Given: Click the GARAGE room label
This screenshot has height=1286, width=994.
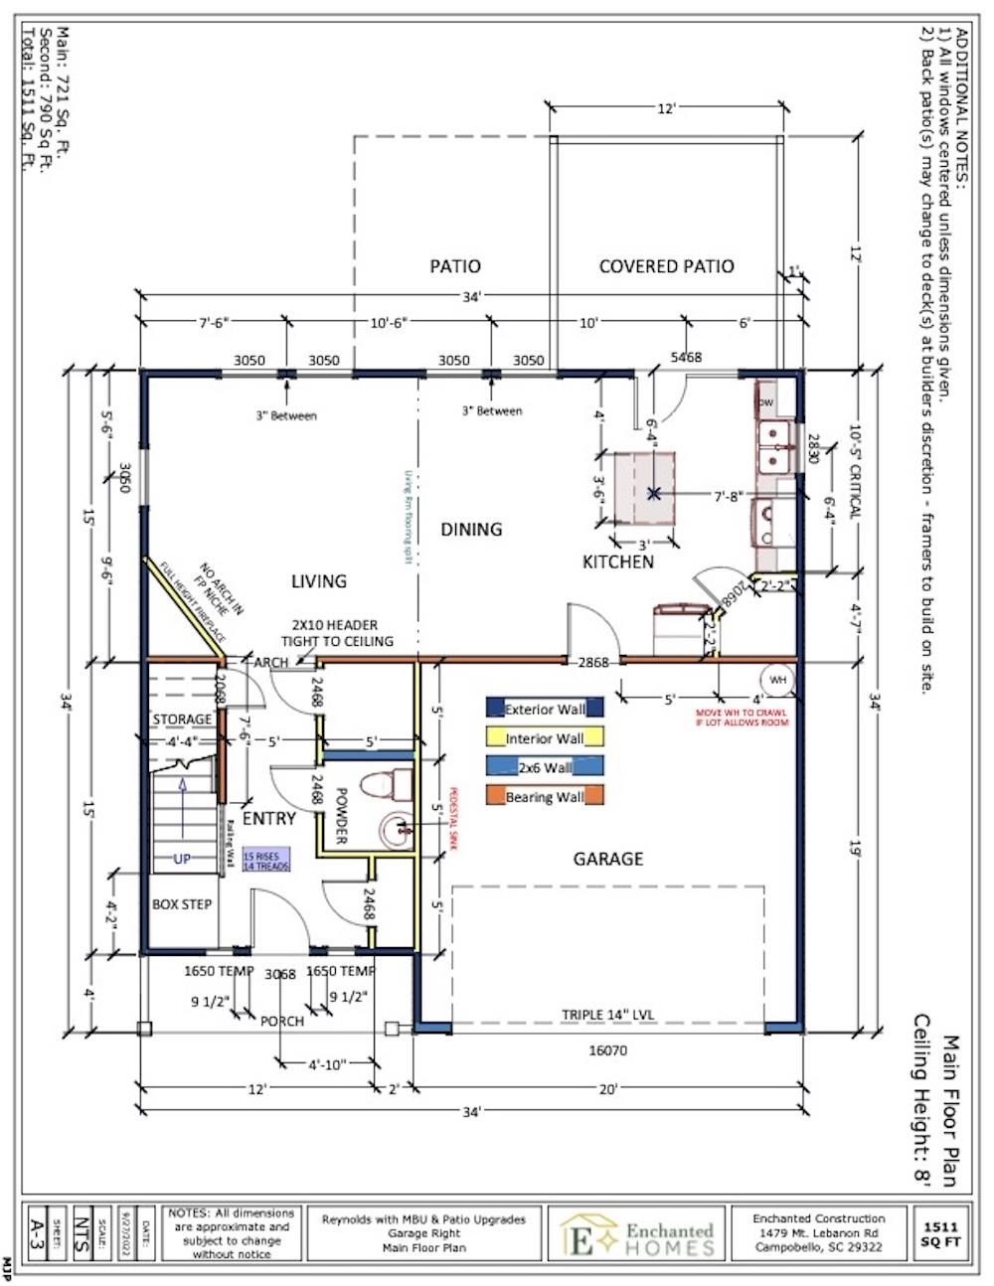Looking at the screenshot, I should pos(607,859).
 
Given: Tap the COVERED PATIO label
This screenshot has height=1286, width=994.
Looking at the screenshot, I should pos(666,266).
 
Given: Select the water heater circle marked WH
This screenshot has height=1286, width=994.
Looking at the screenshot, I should pos(776,680).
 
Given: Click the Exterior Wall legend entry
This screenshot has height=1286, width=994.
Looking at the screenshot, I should pos(544,709).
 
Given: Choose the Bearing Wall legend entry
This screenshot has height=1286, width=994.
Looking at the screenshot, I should pos(544,796).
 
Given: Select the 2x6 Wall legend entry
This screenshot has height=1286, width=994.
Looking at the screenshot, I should pos(544,766).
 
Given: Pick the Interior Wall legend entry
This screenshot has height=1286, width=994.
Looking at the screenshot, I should pos(544,737).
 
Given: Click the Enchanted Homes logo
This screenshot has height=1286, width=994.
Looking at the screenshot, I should pos(637,1232).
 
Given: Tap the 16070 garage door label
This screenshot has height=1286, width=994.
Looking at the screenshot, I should pos(608,1049).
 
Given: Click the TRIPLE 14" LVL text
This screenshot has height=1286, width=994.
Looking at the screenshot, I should pos(608,1015).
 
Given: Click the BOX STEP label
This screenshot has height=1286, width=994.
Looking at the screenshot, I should pos(182,904).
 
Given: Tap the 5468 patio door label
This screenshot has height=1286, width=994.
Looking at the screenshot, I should pos(686,357).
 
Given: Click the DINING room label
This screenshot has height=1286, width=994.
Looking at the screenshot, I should pos(471,530).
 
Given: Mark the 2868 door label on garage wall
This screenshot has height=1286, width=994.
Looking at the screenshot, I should pos(592,661).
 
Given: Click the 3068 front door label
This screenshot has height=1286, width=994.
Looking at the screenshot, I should pos(280,974).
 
